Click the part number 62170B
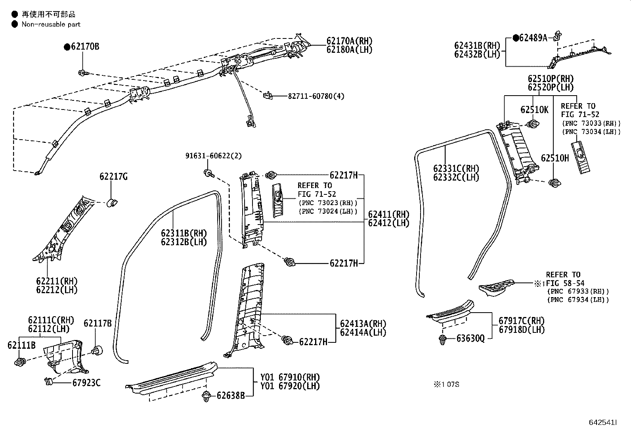85,46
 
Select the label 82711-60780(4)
316,96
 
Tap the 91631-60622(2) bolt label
214,156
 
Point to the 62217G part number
113,177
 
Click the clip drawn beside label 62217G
112,202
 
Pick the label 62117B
98,323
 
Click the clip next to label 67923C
49,382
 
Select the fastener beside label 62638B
207,396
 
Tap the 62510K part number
534,110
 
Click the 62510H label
555,158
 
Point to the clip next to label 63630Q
443,340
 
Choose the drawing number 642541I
603,423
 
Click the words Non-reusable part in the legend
51,25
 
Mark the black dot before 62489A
516,38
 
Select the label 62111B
21,345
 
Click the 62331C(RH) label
456,169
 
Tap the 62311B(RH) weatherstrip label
184,233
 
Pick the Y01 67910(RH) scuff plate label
290,377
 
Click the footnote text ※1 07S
446,384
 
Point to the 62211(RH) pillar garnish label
57,281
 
